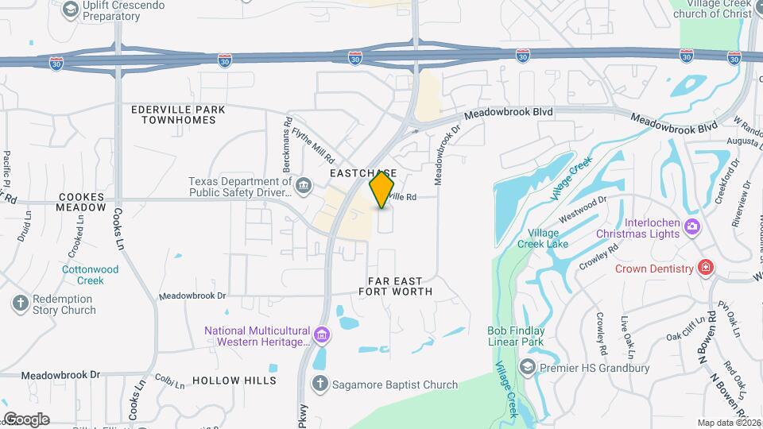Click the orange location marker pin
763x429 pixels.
[382, 190]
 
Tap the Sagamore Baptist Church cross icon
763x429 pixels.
[320, 385]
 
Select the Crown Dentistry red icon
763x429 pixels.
[704, 269]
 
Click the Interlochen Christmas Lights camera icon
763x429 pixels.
[691, 227]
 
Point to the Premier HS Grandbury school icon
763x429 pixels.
[527, 367]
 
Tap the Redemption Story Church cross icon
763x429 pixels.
[21, 303]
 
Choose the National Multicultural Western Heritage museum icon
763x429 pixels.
[321, 335]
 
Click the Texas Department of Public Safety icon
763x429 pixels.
[303, 186]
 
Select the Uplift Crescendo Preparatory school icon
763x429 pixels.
[70, 9]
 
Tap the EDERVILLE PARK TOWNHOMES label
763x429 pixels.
[179, 114]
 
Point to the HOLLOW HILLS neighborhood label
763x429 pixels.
[234, 381]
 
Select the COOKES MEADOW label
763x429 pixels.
[81, 202]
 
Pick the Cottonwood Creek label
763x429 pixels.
[91, 275]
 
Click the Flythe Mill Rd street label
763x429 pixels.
[313, 146]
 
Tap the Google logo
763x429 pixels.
[25, 419]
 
